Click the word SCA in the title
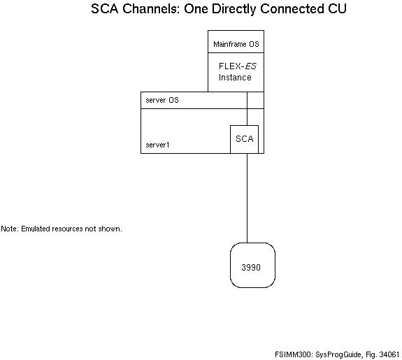coord(105,10)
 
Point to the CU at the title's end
coord(336,10)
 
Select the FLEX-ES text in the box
coord(235,66)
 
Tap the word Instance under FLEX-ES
coord(235,78)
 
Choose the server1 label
coord(158,145)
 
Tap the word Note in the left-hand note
coord(10,229)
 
